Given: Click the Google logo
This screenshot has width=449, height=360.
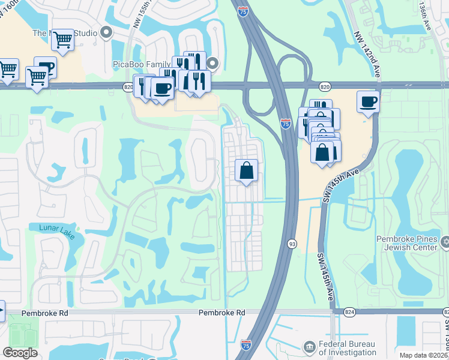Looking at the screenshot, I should (x=20, y=353).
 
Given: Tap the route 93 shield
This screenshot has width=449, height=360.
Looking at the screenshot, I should (x=292, y=243).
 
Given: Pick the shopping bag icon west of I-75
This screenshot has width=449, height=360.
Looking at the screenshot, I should (x=246, y=171).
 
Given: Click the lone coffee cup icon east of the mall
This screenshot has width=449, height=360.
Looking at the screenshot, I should (x=368, y=102).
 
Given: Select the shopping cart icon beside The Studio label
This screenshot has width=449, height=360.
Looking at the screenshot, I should (x=62, y=40).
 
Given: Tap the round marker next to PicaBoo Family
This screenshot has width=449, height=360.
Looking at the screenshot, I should (x=212, y=62).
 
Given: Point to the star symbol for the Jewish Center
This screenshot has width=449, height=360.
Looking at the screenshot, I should (x=445, y=242).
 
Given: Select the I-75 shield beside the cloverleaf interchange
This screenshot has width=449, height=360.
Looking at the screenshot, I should (x=286, y=124).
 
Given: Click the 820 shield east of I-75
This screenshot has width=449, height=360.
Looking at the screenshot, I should (x=324, y=86).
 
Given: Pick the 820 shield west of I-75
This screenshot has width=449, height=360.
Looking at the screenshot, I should (x=128, y=86).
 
